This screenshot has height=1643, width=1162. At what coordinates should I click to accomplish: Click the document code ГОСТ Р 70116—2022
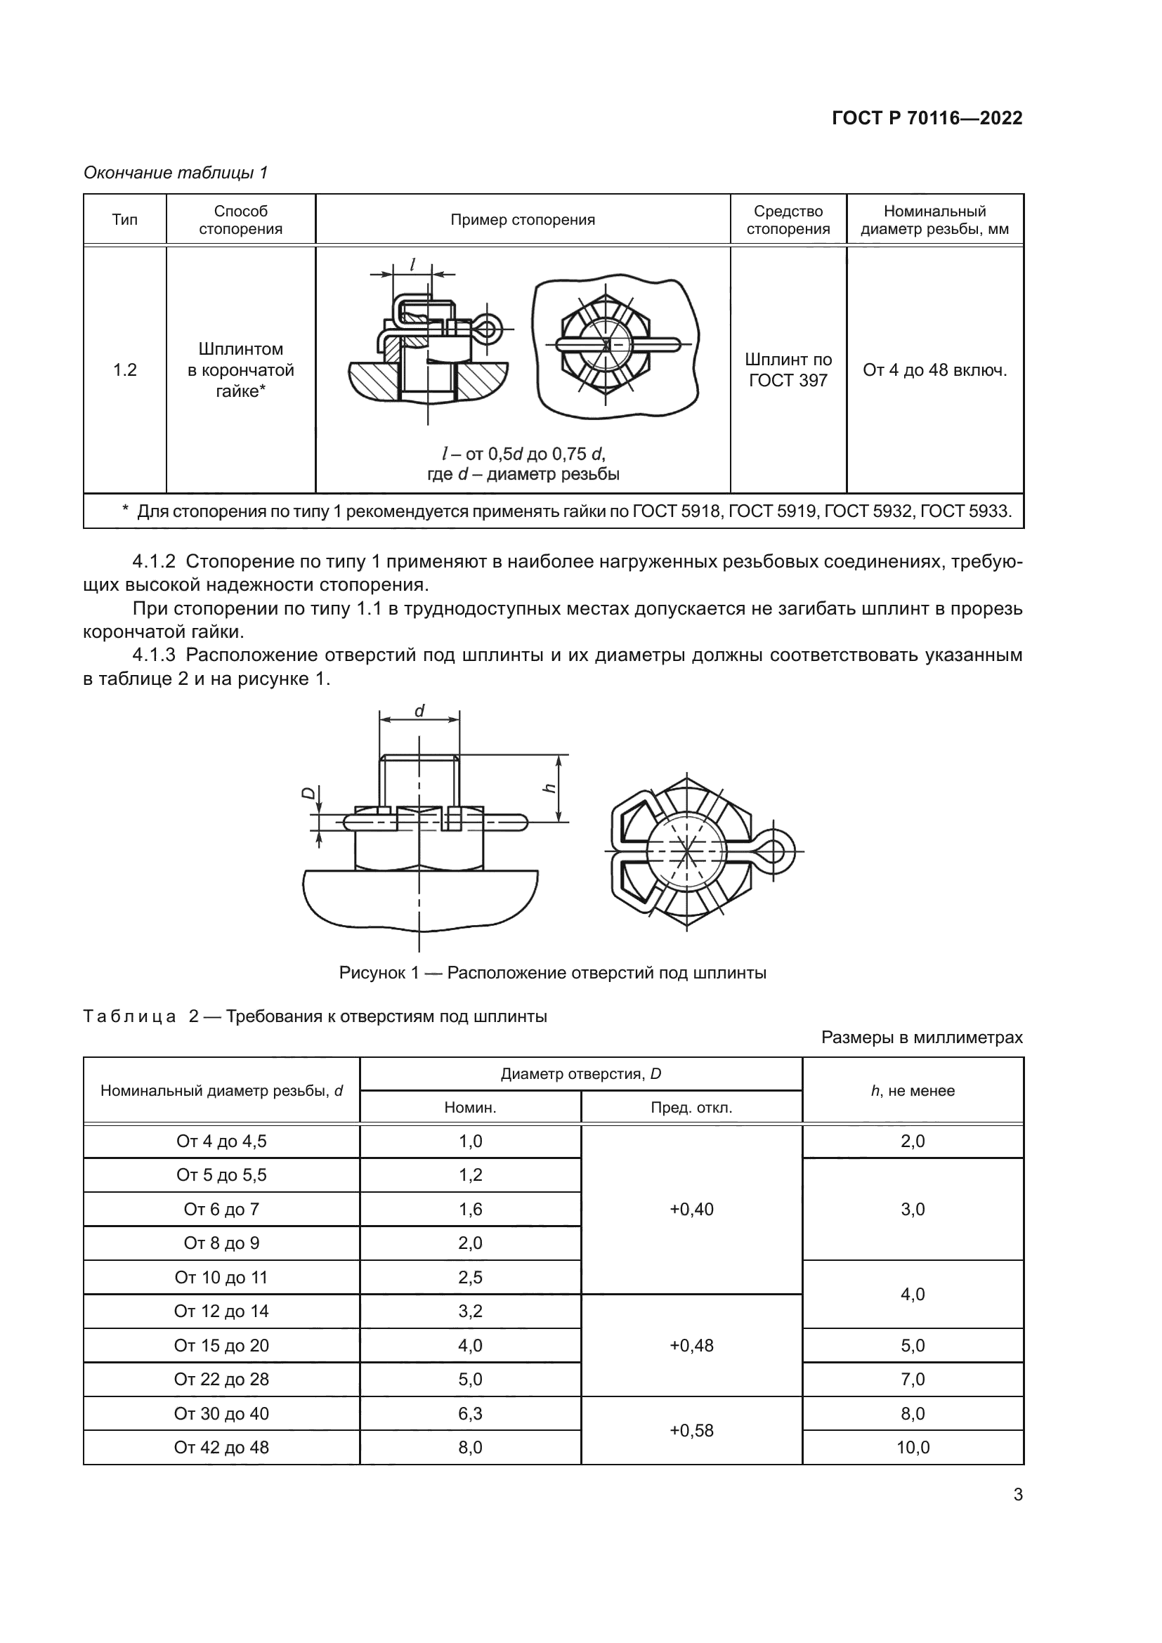927,118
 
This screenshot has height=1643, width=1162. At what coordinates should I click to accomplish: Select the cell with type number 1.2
124,370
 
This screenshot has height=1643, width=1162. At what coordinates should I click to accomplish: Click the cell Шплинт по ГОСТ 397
788,370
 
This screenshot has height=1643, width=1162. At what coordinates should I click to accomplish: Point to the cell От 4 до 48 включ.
934,370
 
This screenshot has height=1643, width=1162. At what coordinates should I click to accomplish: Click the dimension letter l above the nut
413,264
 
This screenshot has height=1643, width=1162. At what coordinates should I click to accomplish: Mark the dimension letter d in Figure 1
419,711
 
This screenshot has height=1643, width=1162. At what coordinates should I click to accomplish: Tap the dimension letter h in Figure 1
549,788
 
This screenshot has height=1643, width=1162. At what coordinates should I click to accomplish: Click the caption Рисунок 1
552,972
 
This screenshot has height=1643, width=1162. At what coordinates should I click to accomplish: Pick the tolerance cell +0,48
691,1345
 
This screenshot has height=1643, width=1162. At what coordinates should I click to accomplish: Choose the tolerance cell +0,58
691,1430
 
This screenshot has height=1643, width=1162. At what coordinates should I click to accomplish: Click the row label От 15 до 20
221,1345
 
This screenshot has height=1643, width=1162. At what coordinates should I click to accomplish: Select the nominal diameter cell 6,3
470,1413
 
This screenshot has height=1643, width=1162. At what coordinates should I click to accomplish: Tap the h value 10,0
913,1447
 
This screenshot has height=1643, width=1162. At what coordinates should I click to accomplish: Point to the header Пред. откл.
691,1108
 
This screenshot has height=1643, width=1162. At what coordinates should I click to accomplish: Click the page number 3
1017,1494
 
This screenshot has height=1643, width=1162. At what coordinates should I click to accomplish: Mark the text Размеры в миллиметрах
922,1037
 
